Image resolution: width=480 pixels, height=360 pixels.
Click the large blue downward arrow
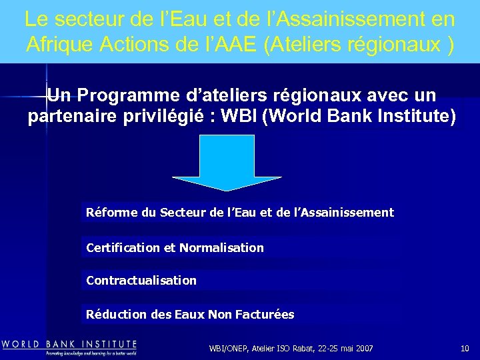227,163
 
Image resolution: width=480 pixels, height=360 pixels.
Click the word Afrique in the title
53,44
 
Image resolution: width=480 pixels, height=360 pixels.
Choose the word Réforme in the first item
112,213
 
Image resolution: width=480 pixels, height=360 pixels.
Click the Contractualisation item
141,281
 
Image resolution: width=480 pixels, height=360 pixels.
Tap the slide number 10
465,349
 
